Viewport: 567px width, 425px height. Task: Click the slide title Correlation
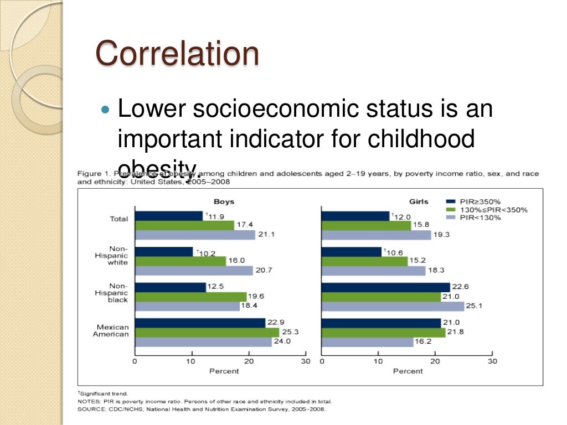pos(177,54)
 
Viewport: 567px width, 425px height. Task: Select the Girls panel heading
pos(419,201)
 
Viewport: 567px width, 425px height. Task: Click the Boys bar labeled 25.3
pos(207,332)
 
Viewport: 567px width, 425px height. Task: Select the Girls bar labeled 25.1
pos(393,306)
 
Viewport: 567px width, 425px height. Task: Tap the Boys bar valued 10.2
pos(164,252)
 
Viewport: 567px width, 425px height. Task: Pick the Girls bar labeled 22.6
pos(385,287)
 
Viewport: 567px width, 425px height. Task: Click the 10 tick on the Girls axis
pos(378,361)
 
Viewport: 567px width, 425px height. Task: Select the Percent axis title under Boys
pos(224,371)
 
